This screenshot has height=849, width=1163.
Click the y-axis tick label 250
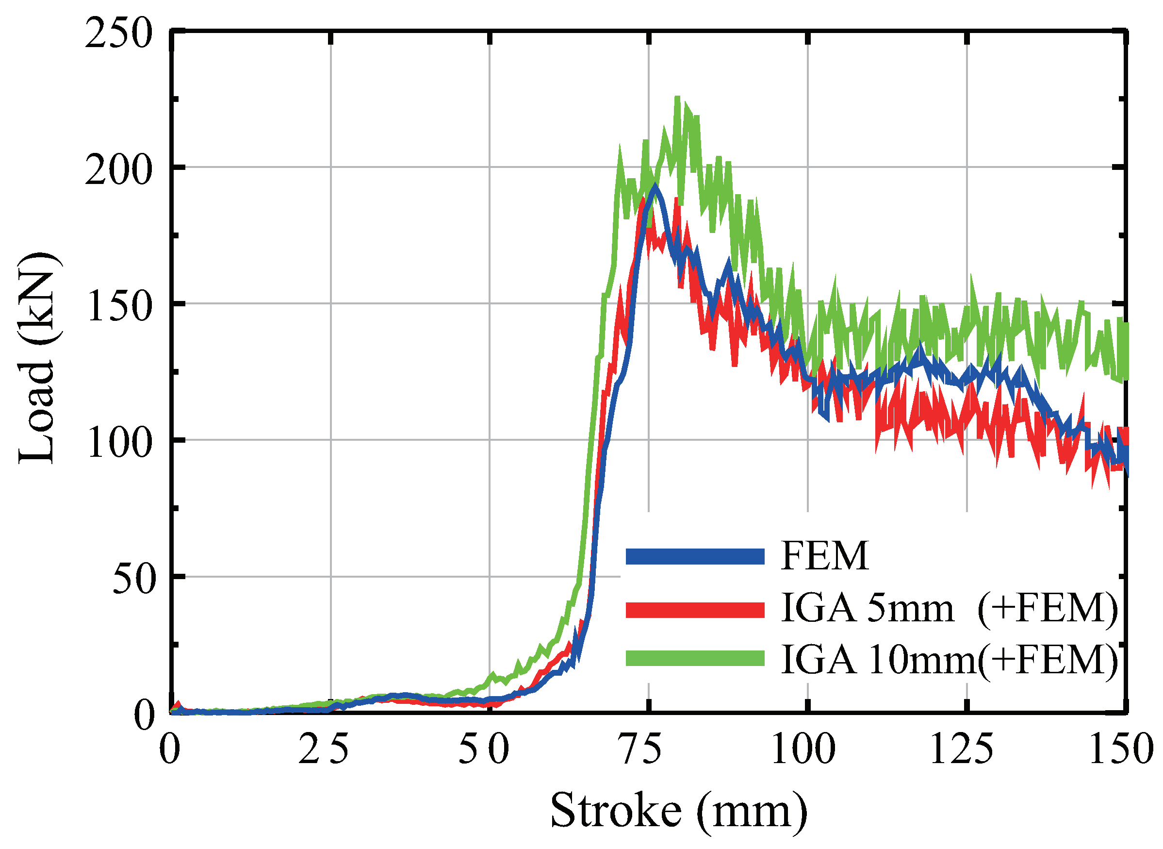[119, 34]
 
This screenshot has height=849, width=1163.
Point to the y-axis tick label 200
[119, 170]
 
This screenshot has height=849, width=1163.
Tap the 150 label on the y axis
[119, 307]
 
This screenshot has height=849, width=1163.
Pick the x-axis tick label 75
[648, 750]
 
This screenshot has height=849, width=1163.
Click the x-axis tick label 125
[967, 750]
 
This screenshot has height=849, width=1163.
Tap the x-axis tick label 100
[807, 750]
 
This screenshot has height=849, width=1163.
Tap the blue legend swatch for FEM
[694, 557]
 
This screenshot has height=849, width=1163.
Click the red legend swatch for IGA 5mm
[694, 609]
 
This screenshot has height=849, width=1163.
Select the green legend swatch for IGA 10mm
[694, 658]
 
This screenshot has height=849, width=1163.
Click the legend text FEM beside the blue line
[825, 556]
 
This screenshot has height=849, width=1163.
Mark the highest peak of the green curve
[677, 98]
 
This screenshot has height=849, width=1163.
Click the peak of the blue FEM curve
[654, 185]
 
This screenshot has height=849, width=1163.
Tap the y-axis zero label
[145, 716]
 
